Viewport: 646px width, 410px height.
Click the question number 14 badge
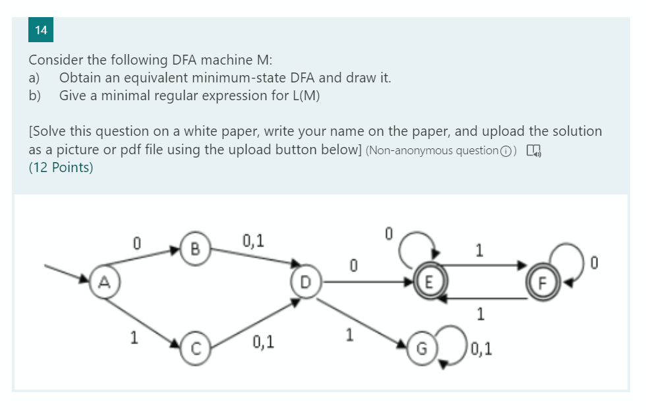[41, 30]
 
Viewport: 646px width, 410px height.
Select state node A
[102, 282]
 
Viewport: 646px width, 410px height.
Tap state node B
[194, 249]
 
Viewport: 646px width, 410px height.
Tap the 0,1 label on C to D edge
[263, 342]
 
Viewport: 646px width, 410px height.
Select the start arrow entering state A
[66, 273]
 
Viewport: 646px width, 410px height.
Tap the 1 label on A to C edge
[134, 337]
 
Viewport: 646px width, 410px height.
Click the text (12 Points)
[61, 167]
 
